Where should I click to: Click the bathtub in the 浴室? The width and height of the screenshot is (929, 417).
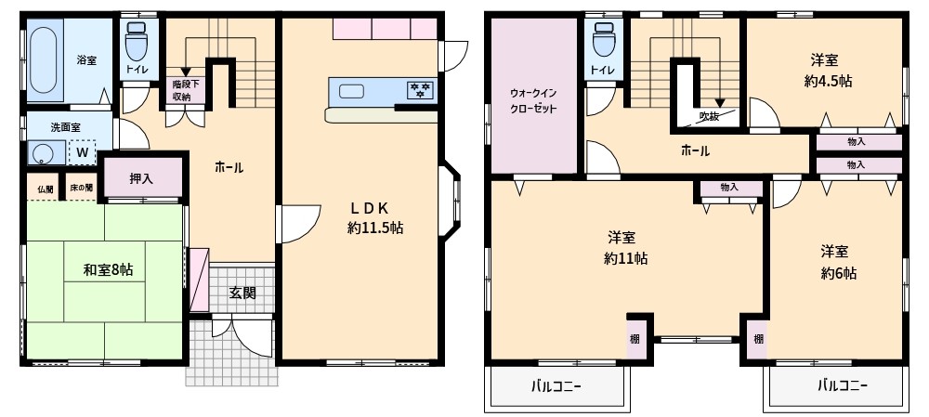[x=44, y=59]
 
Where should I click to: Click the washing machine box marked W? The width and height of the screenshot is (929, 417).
[x=83, y=152]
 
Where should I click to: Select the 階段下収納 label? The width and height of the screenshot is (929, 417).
[x=182, y=91]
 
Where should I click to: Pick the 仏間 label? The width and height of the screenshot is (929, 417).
[x=46, y=189]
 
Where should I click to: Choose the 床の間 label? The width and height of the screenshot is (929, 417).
[x=81, y=189]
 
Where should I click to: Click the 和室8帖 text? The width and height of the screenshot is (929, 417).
[x=107, y=270]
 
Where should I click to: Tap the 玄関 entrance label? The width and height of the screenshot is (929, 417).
[x=242, y=292]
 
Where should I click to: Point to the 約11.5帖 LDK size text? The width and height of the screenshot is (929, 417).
[x=375, y=228]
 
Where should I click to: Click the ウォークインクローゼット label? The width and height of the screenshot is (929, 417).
[x=533, y=100]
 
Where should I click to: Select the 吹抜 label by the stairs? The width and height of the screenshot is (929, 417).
[x=709, y=117]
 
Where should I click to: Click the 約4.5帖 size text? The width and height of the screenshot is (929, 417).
[x=828, y=81]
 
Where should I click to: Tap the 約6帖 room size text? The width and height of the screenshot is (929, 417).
[x=838, y=273]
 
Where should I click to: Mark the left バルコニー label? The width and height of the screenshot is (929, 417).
[x=556, y=386]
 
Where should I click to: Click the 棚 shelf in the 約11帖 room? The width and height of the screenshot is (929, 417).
[x=635, y=340]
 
